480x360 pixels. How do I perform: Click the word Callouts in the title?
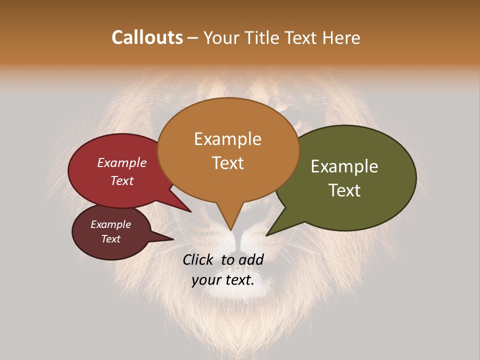pos(147,37)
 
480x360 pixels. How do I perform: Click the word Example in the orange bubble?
pos(227,139)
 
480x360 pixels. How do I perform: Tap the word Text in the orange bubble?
pos(228,163)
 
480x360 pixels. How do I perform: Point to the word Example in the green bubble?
pos(344,166)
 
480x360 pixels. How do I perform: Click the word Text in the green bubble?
pos(344,190)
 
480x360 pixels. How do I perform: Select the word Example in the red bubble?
pos(121,162)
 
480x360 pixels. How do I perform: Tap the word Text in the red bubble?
pos(122,180)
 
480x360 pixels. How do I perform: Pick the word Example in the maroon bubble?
pos(110,224)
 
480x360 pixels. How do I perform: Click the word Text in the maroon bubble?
pos(111,239)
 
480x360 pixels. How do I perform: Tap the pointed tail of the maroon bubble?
pos(167,238)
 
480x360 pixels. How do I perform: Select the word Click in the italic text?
pos(199,259)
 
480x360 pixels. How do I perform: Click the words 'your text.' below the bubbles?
pos(223,280)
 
